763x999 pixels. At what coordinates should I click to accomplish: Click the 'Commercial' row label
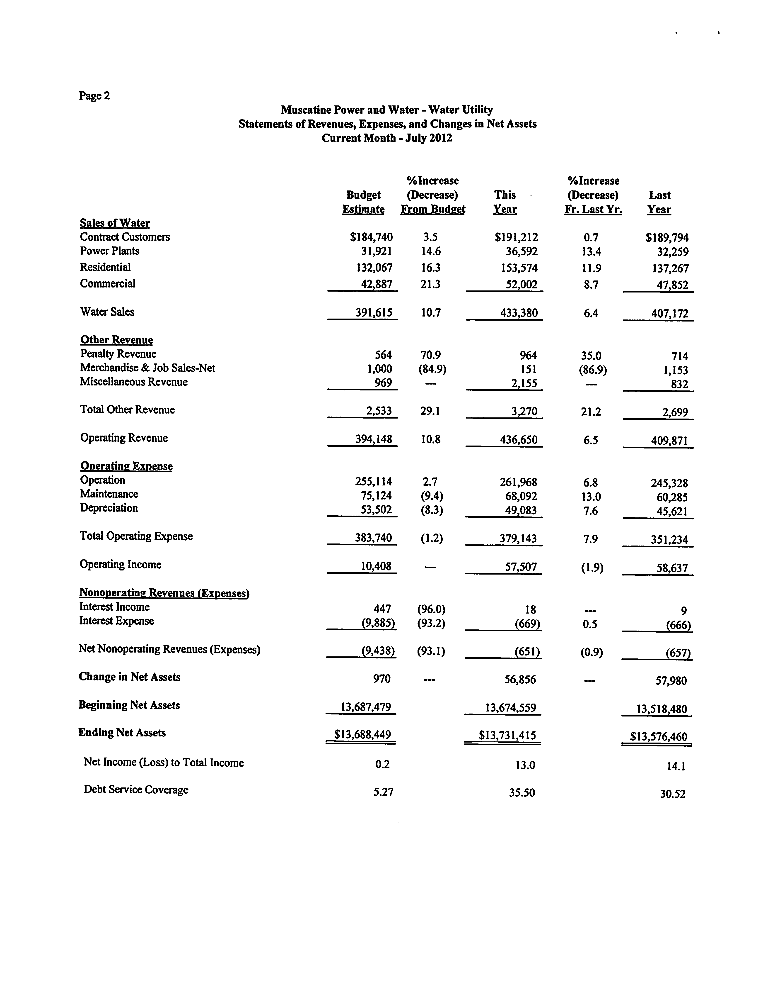[108, 284]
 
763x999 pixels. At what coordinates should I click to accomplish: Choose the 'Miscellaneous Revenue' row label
[133, 382]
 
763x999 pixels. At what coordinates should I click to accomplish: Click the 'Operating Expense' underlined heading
[126, 466]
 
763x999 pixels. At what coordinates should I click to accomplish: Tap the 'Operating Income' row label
[120, 565]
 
